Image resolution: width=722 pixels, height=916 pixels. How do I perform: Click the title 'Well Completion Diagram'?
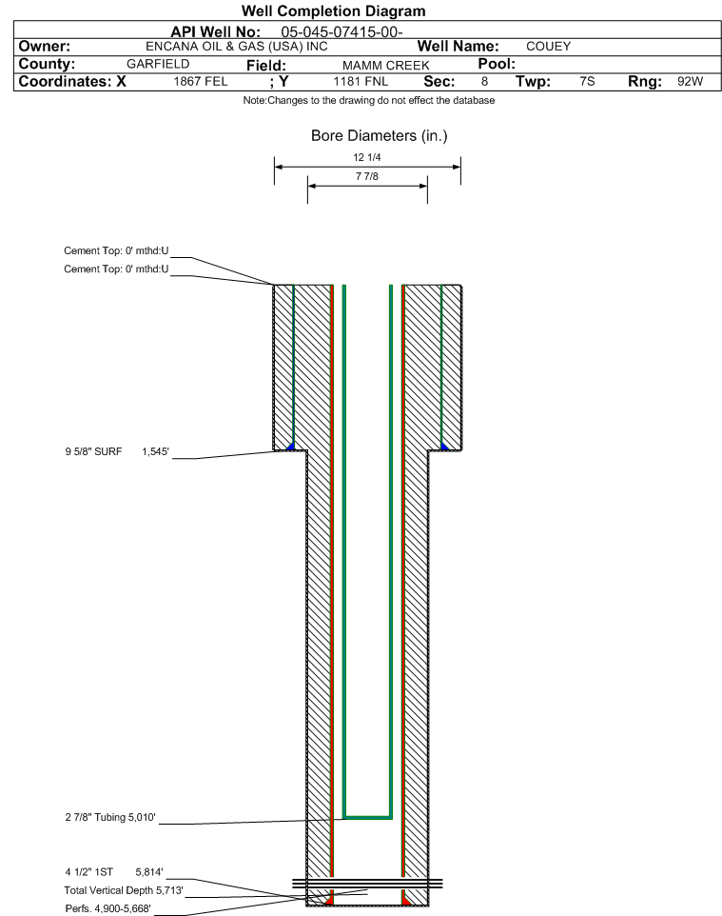pyautogui.click(x=333, y=11)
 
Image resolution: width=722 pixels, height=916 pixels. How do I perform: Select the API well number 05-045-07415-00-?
pyautogui.click(x=342, y=31)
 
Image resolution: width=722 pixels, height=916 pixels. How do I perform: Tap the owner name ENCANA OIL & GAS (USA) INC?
pyautogui.click(x=237, y=46)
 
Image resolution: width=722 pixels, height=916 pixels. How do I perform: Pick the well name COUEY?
pyautogui.click(x=548, y=46)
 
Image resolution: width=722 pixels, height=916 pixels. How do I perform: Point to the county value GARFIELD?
pyautogui.click(x=158, y=64)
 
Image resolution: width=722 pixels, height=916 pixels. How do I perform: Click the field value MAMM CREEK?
pyautogui.click(x=386, y=66)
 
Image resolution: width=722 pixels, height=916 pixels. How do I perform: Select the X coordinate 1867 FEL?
pyautogui.click(x=200, y=81)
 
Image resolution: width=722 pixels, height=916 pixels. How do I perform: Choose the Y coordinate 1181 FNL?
pyautogui.click(x=361, y=81)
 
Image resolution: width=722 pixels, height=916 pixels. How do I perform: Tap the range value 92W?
pyautogui.click(x=690, y=81)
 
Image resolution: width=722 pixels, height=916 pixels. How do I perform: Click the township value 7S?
pyautogui.click(x=587, y=81)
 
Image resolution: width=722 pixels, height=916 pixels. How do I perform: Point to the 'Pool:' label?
pyautogui.click(x=497, y=64)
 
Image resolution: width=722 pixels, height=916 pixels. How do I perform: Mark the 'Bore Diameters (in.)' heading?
pyautogui.click(x=379, y=135)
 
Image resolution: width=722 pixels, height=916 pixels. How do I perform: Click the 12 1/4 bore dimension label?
pyautogui.click(x=367, y=157)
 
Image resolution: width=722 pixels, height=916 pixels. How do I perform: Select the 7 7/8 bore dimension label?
pyautogui.click(x=367, y=176)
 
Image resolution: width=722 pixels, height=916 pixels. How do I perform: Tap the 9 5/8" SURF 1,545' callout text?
pyautogui.click(x=117, y=451)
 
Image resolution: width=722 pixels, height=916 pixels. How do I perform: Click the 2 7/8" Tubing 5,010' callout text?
pyautogui.click(x=110, y=817)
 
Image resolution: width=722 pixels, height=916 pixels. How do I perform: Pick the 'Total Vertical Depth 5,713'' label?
pyautogui.click(x=124, y=890)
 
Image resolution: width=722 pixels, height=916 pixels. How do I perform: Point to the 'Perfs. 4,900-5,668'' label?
pyautogui.click(x=108, y=908)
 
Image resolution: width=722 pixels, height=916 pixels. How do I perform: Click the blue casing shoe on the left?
pyautogui.click(x=291, y=447)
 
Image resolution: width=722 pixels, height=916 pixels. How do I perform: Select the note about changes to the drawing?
pyautogui.click(x=369, y=101)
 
